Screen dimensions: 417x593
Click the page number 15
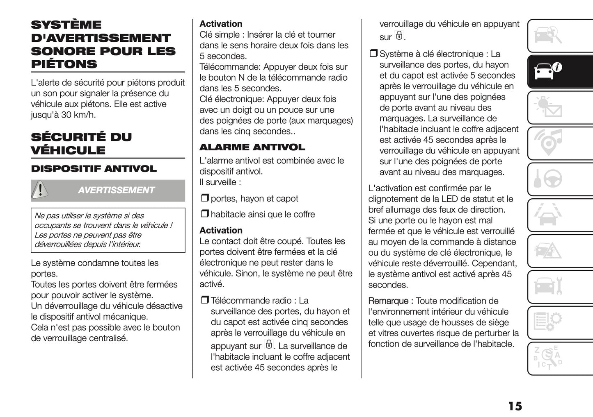[x=515, y=406]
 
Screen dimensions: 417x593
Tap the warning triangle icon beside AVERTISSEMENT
[x=40, y=190]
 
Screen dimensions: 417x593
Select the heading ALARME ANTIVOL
[x=252, y=147]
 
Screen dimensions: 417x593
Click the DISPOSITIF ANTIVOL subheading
[x=94, y=169]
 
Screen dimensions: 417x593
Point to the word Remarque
[x=388, y=301]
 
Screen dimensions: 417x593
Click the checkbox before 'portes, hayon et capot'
[x=204, y=198]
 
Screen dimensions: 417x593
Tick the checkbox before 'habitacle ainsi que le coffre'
[x=204, y=214]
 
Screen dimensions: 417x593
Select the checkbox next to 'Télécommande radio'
[x=204, y=300]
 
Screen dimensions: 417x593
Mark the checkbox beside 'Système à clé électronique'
[x=373, y=54]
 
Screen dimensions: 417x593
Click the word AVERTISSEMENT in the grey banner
[x=116, y=190]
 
